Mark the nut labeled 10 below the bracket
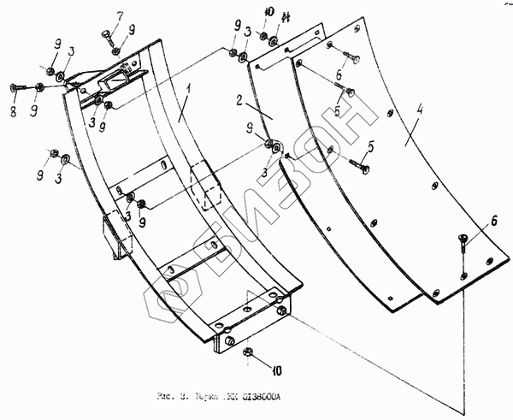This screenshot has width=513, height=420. click(x=249, y=352)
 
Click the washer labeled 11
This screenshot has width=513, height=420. click(x=271, y=40)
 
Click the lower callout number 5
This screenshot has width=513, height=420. click(x=370, y=146)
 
